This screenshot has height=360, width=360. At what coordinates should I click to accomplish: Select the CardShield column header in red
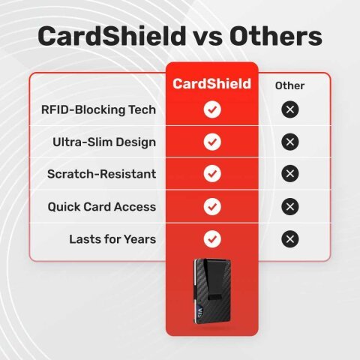click(x=212, y=84)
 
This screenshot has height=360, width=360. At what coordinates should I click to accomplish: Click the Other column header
click(x=289, y=85)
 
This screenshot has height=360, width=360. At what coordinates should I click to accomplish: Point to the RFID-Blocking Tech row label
click(x=99, y=109)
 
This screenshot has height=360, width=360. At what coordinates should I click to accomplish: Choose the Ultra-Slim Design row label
click(x=104, y=142)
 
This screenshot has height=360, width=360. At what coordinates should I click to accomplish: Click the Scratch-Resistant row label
click(x=101, y=174)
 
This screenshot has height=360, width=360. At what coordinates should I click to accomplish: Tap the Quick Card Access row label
click(x=102, y=206)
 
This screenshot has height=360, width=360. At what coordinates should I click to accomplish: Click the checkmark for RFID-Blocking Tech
click(x=212, y=109)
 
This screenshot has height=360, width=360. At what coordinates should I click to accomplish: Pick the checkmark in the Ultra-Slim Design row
click(x=212, y=142)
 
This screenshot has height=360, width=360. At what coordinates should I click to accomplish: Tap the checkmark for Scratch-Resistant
click(x=212, y=174)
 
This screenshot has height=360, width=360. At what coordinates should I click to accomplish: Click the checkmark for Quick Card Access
click(x=212, y=206)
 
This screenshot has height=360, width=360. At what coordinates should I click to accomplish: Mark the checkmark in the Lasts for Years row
click(x=212, y=239)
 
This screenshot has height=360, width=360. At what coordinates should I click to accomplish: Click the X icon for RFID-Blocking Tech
click(x=290, y=109)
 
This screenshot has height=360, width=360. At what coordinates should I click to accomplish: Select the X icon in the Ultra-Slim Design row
click(x=290, y=142)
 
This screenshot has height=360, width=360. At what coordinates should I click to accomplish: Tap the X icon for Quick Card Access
click(x=290, y=206)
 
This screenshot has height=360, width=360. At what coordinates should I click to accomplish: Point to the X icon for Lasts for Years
click(x=290, y=239)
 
